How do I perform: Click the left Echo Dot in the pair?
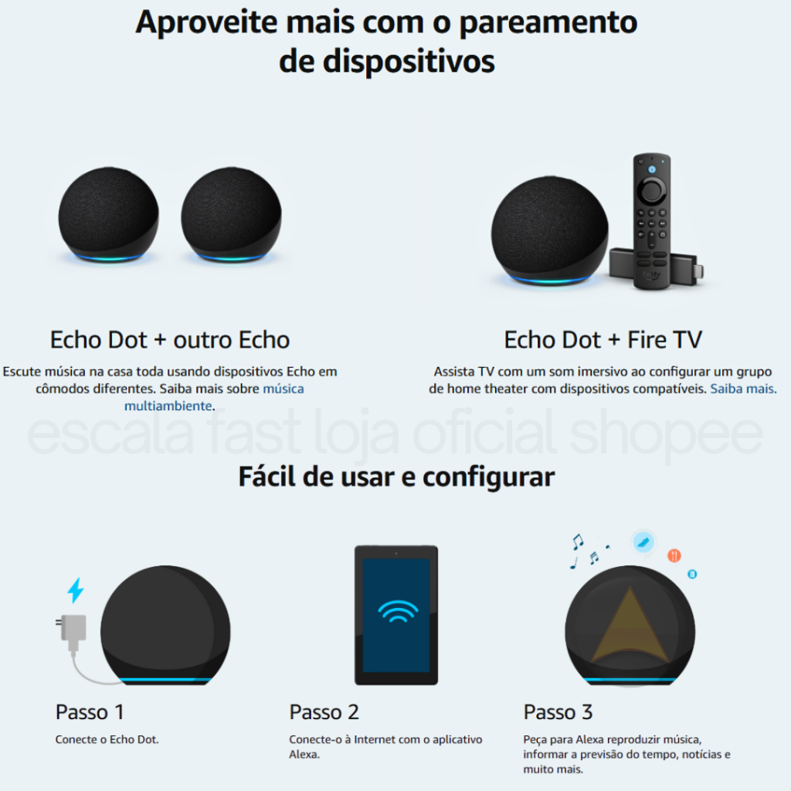coord(108,215)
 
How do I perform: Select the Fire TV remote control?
coord(652,221)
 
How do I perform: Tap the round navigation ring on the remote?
coord(652,190)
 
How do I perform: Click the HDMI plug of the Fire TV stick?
coord(698,271)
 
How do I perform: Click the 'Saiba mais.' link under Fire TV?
coord(743,389)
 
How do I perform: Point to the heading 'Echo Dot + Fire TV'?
coord(603,340)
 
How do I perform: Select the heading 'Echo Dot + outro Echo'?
coord(169,340)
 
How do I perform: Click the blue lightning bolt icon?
coord(76,590)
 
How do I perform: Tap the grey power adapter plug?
coord(72,630)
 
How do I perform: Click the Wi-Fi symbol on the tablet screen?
coord(398,612)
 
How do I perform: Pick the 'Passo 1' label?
coord(90,712)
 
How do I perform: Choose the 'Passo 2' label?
coord(324,712)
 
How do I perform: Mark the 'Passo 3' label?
coord(558,712)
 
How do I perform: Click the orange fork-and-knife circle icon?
coord(674,555)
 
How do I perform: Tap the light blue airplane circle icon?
coord(643,542)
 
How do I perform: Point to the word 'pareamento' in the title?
coord(548,22)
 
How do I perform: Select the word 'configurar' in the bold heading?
coord(488,477)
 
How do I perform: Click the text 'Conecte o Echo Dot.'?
coord(107,739)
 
